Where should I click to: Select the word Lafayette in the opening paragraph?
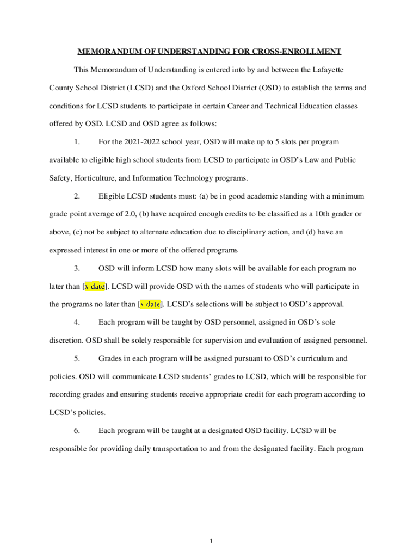click(x=326, y=70)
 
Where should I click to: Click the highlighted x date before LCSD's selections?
click(x=150, y=304)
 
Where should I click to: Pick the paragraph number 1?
click(x=77, y=142)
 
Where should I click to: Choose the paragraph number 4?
click(x=77, y=323)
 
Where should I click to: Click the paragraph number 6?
click(x=77, y=431)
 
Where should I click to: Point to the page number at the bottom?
click(x=209, y=541)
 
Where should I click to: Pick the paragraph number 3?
click(x=77, y=268)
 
